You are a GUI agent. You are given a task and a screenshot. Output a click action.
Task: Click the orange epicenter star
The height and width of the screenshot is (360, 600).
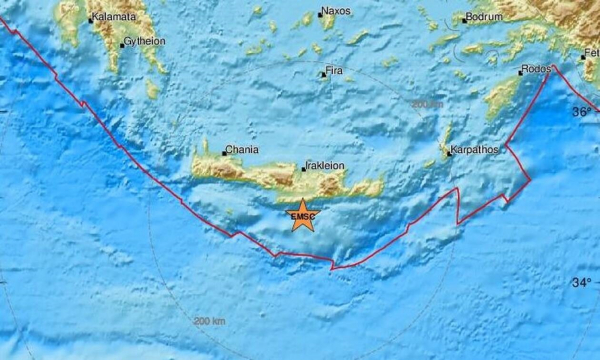(301, 219)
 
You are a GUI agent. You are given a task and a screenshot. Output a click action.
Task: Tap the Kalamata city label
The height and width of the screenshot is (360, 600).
(115, 17)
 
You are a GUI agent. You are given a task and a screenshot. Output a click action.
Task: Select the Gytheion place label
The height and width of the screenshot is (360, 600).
(144, 42)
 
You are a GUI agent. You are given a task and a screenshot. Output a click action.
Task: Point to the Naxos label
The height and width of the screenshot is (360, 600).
(336, 13)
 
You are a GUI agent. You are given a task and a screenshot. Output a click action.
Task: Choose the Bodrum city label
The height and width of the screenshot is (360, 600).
(486, 18)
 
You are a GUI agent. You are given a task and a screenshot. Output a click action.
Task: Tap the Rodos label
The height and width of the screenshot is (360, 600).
(538, 71)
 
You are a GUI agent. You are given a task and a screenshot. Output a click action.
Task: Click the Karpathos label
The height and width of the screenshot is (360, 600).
(473, 151)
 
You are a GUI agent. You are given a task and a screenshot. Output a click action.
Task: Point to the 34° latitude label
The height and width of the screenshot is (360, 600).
(581, 283)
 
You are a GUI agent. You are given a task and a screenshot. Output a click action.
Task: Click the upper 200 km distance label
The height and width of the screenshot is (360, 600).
(426, 104)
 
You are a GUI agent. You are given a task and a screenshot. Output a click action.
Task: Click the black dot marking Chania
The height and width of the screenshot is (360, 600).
(223, 153)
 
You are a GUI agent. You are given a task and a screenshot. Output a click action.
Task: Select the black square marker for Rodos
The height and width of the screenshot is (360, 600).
(521, 73)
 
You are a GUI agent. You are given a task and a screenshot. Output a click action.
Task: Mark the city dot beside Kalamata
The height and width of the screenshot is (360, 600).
(91, 18)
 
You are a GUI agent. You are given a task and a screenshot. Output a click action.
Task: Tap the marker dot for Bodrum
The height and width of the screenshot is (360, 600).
(465, 19)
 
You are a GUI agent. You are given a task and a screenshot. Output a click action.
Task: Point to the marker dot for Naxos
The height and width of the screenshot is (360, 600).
(320, 14)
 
